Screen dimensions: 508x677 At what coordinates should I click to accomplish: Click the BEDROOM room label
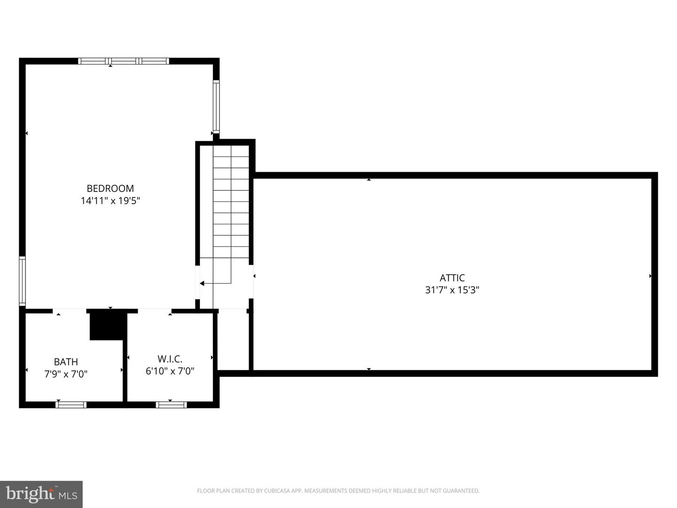[110, 189]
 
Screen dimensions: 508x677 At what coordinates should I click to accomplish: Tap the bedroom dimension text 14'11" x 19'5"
[110, 201]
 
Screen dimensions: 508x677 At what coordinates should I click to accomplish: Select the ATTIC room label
[452, 278]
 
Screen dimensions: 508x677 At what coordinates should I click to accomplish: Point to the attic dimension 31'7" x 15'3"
[452, 290]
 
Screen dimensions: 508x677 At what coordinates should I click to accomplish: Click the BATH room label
[66, 362]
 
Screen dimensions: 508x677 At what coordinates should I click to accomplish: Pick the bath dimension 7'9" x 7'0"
[66, 374]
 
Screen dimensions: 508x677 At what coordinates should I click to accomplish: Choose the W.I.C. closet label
[170, 359]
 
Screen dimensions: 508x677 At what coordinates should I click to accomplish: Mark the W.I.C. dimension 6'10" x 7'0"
[170, 371]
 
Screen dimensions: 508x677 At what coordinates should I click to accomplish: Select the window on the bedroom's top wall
[124, 61]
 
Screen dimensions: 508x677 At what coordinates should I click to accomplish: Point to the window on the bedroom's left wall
[22, 281]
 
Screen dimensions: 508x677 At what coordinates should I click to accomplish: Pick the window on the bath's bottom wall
[71, 405]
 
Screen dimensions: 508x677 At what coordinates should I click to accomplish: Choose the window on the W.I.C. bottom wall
[171, 405]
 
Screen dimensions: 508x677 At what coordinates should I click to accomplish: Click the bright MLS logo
[41, 494]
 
